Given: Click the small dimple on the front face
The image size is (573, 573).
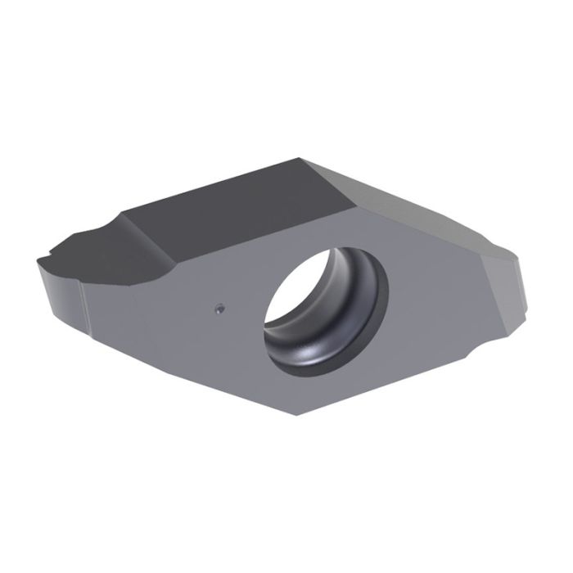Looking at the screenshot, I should [x=219, y=308].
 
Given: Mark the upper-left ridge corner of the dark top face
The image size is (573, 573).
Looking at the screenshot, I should [x=124, y=214].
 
